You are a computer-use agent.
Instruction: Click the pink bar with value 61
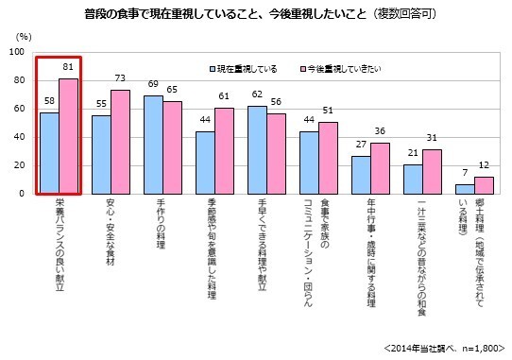(x=224, y=150)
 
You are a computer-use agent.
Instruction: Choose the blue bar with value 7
(x=465, y=189)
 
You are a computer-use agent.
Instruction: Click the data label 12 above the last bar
(x=485, y=166)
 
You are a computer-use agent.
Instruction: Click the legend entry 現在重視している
(x=243, y=70)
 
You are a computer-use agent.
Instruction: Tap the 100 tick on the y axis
(x=16, y=52)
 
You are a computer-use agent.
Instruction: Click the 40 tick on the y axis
(x=19, y=137)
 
